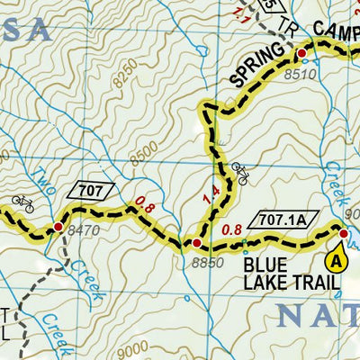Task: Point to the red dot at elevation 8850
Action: tap(196, 243)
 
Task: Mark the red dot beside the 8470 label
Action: tap(58, 228)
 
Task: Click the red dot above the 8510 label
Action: tap(301, 54)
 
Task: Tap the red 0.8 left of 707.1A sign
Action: tap(231, 228)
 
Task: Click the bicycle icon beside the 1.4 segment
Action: tap(239, 173)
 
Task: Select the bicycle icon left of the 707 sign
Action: tap(22, 203)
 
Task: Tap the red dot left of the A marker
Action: tap(343, 235)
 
